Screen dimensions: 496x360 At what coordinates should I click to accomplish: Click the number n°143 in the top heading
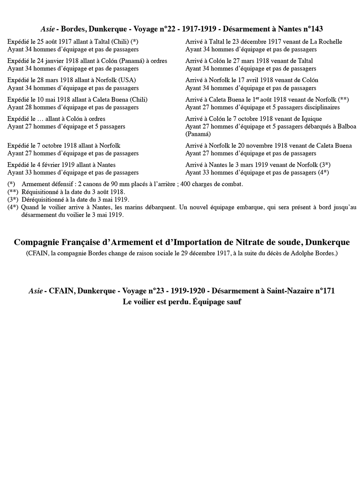(x=311, y=29)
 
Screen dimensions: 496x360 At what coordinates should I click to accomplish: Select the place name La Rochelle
(x=324, y=42)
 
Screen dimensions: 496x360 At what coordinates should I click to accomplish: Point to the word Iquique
(x=311, y=119)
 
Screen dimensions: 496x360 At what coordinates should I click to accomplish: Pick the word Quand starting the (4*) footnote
(x=30, y=207)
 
